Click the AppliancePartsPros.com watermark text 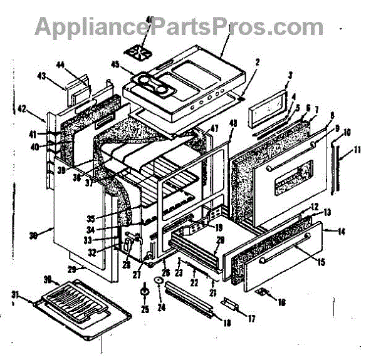(179, 26)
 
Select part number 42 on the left (39, 110)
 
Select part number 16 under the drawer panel (281, 302)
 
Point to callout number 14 (342, 232)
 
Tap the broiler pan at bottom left (75, 308)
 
